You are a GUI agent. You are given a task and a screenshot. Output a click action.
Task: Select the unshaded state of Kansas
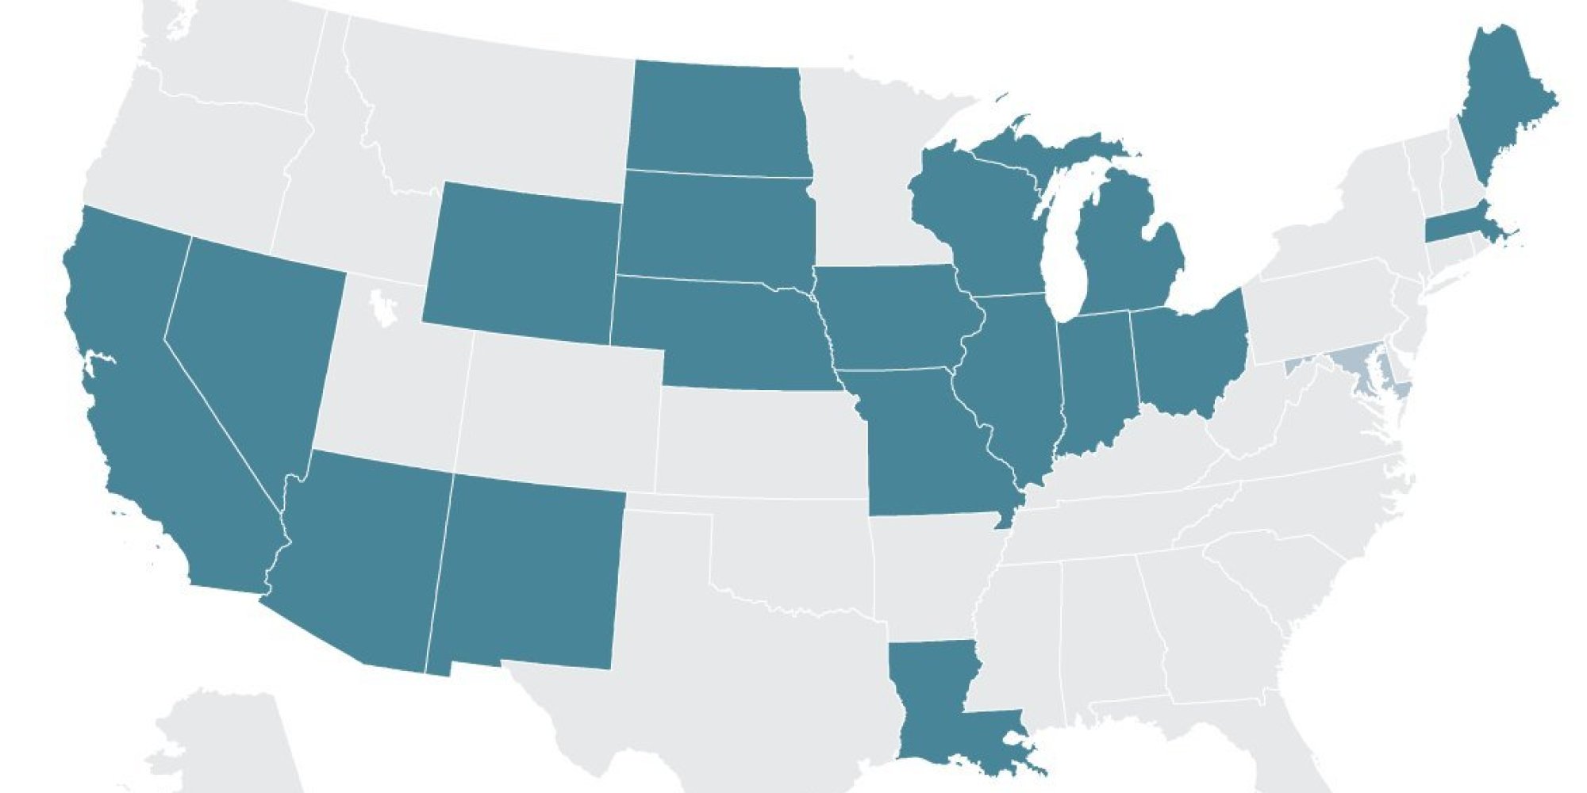tap(762, 444)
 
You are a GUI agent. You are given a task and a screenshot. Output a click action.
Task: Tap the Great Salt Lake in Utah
tap(383, 308)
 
